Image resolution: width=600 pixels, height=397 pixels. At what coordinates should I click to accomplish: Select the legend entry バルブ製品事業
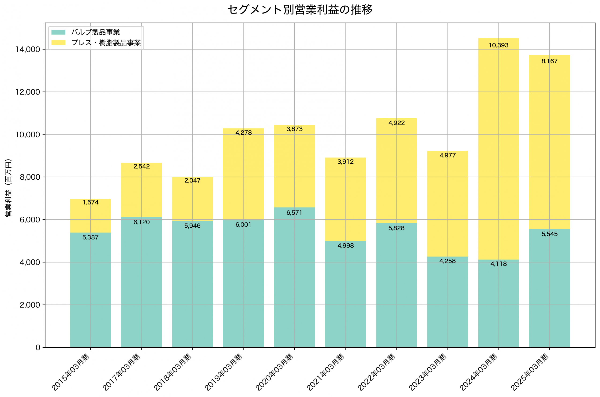pyautogui.click(x=95, y=32)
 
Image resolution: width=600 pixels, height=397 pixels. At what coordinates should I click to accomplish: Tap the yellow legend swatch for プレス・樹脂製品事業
pyautogui.click(x=58, y=43)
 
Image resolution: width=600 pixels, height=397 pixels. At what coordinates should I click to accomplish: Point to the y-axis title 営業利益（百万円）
pyautogui.click(x=8, y=188)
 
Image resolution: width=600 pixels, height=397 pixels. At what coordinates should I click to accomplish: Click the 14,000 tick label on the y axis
pyautogui.click(x=28, y=49)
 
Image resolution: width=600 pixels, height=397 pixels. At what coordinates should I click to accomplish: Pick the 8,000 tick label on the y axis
pyautogui.click(x=30, y=177)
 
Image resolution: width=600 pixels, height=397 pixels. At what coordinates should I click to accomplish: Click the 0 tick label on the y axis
pyautogui.click(x=38, y=347)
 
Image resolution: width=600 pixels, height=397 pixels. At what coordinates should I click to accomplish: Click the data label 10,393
pyautogui.click(x=499, y=45)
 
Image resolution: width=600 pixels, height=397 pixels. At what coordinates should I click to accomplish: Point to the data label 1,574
pyautogui.click(x=90, y=202)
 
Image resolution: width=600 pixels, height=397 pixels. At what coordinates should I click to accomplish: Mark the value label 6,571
pyautogui.click(x=294, y=213)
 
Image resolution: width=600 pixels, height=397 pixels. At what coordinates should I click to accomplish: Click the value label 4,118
pyautogui.click(x=499, y=264)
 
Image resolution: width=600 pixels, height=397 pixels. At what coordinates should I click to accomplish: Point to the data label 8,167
pyautogui.click(x=550, y=61)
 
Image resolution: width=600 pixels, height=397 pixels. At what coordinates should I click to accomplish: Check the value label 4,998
pyautogui.click(x=345, y=246)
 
